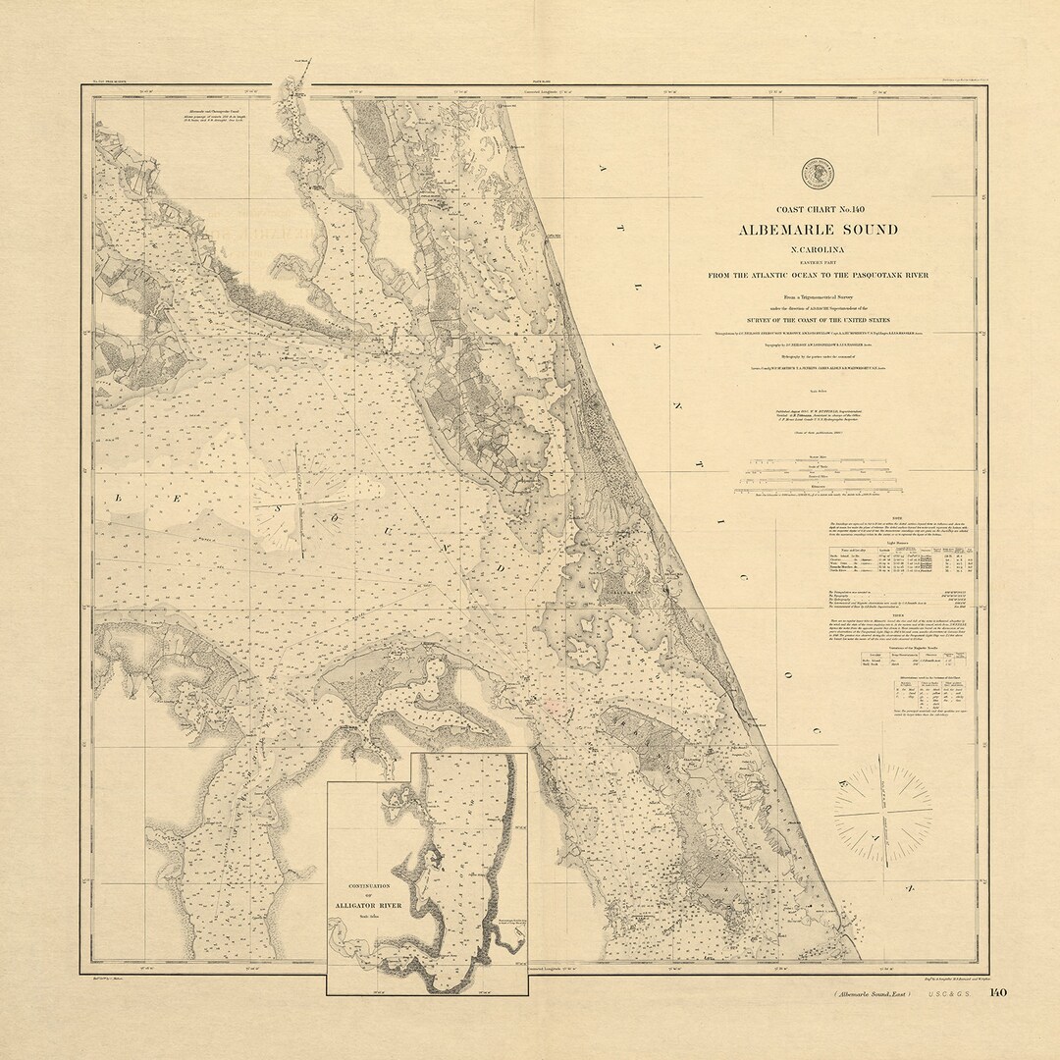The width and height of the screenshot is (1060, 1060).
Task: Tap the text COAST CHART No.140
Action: pos(820,209)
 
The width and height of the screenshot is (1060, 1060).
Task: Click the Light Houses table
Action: pos(900,560)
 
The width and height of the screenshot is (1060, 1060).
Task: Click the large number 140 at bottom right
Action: pos(997,992)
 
